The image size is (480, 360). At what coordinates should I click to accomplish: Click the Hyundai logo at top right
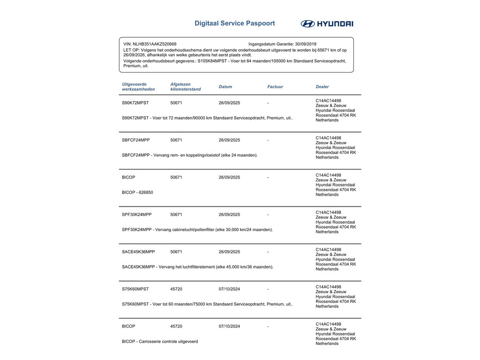[327, 24]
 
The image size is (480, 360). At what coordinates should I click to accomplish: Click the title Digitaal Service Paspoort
[234, 23]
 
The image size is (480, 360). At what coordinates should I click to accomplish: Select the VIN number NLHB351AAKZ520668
[154, 44]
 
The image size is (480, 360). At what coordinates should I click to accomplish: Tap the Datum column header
[225, 87]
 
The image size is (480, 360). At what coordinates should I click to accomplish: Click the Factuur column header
[275, 87]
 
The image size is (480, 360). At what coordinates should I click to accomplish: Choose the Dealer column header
[322, 87]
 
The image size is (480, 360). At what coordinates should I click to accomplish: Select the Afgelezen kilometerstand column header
[186, 87]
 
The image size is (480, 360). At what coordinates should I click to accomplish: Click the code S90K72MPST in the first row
[135, 103]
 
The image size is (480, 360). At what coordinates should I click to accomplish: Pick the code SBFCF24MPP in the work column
[136, 140]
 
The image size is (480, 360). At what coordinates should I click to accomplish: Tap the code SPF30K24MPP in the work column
[136, 215]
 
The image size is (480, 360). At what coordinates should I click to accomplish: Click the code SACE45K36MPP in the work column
[138, 252]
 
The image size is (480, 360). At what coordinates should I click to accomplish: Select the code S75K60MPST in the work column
[135, 289]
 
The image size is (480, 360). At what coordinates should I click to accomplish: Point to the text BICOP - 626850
[137, 192]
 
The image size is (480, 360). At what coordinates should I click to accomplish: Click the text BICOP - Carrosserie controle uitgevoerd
[160, 342]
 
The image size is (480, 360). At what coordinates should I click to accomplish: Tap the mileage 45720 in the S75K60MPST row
[176, 289]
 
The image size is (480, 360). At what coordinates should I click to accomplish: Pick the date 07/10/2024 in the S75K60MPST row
[229, 289]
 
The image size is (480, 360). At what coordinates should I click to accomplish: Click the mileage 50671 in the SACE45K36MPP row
[176, 252]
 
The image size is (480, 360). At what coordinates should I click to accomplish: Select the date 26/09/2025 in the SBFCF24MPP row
[229, 140]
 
